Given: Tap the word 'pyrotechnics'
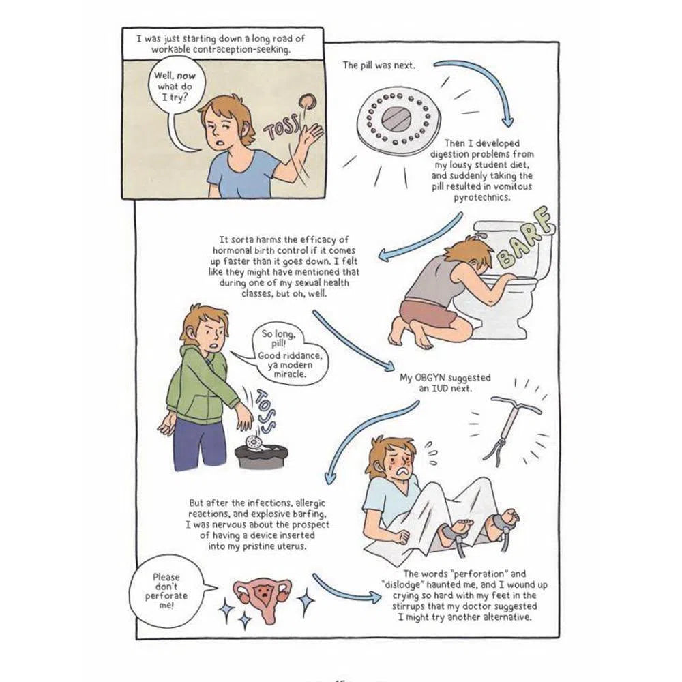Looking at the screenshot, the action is click(x=481, y=198).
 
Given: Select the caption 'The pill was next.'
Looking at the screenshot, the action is click(x=379, y=65).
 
